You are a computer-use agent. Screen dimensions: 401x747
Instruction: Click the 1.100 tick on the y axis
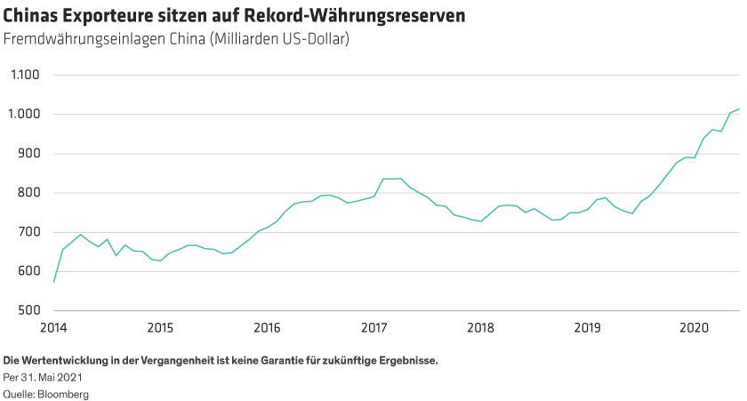tap(24, 75)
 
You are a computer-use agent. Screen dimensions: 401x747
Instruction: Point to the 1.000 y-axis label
tap(24, 114)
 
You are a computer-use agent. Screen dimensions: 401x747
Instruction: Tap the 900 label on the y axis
tap(28, 153)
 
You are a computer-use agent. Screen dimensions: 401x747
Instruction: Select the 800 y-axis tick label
tap(28, 193)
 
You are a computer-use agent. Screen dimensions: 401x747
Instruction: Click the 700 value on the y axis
tap(28, 232)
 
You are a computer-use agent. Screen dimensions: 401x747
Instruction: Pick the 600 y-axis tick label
tap(28, 271)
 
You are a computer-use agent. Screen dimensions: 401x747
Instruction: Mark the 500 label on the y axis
tap(28, 310)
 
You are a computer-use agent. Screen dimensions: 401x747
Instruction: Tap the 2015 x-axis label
tap(160, 328)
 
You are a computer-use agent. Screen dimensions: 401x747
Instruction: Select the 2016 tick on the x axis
tap(267, 328)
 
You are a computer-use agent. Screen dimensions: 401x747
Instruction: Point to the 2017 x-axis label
tap(373, 328)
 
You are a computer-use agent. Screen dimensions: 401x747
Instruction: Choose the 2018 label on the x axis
tap(480, 328)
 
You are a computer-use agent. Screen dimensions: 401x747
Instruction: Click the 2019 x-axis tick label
tap(587, 328)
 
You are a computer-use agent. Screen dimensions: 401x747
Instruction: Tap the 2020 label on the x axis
tap(694, 328)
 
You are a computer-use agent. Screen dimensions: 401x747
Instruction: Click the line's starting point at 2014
tap(53, 282)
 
